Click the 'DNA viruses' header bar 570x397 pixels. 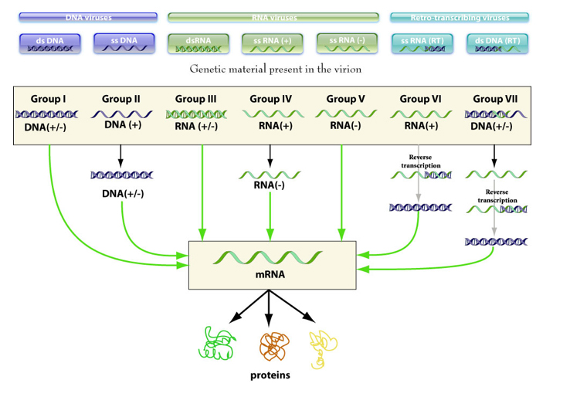coord(88,17)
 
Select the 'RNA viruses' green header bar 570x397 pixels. coord(273,17)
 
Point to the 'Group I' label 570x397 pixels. coord(48,99)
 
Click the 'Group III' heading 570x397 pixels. coord(196,99)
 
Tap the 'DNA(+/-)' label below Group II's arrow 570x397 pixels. coord(123,193)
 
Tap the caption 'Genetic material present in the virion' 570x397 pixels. coord(275,70)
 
